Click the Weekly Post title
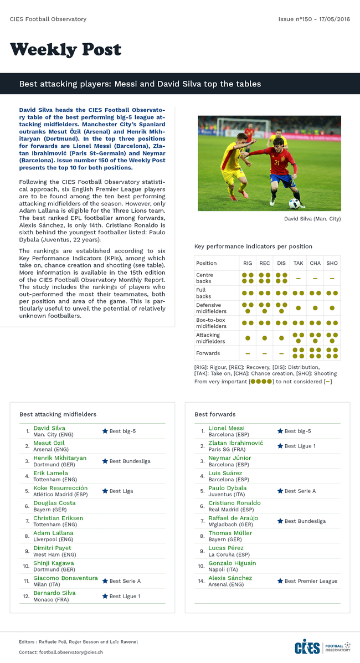(65, 50)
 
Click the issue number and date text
(314, 19)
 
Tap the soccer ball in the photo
(294, 203)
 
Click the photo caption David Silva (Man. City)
(312, 219)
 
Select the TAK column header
(298, 263)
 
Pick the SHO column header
(332, 263)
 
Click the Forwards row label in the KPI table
(208, 353)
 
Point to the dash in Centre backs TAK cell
(298, 278)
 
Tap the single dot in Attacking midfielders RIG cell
(248, 338)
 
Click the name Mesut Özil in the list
(49, 443)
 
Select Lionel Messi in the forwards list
(226, 428)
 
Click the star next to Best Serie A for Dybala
(280, 491)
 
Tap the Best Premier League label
(311, 581)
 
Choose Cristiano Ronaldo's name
(234, 503)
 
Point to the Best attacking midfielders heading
(58, 414)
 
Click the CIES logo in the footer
(307, 647)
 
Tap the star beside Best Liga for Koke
(105, 491)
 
